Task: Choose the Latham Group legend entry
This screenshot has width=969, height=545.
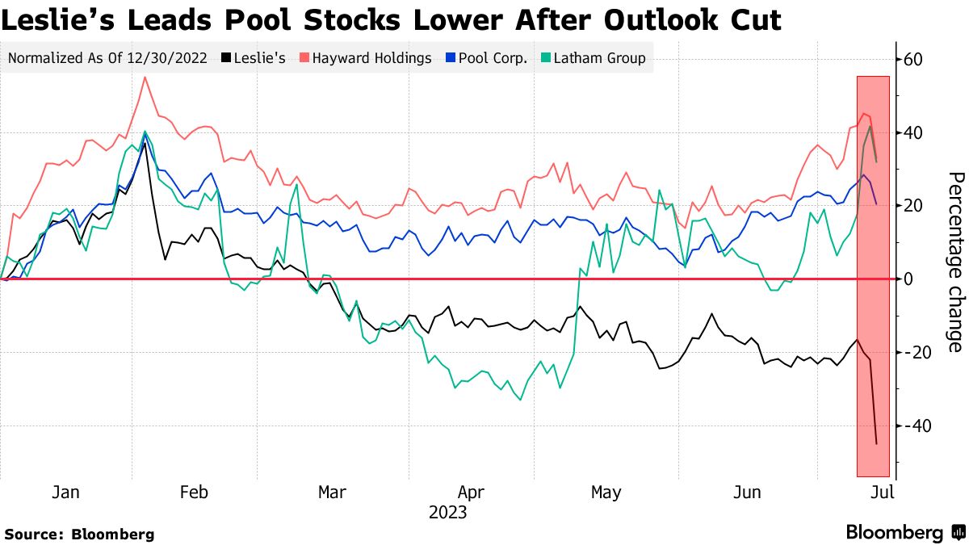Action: pos(593,58)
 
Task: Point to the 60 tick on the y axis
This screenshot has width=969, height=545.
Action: pos(913,60)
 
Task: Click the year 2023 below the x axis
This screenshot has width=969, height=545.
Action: pos(447,512)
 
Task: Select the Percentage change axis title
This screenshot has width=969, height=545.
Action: pos(954,262)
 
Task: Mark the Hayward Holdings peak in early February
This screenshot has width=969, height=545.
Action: pos(145,78)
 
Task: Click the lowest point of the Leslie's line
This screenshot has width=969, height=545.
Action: pos(876,443)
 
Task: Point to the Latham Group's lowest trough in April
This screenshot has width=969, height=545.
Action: pos(519,399)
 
